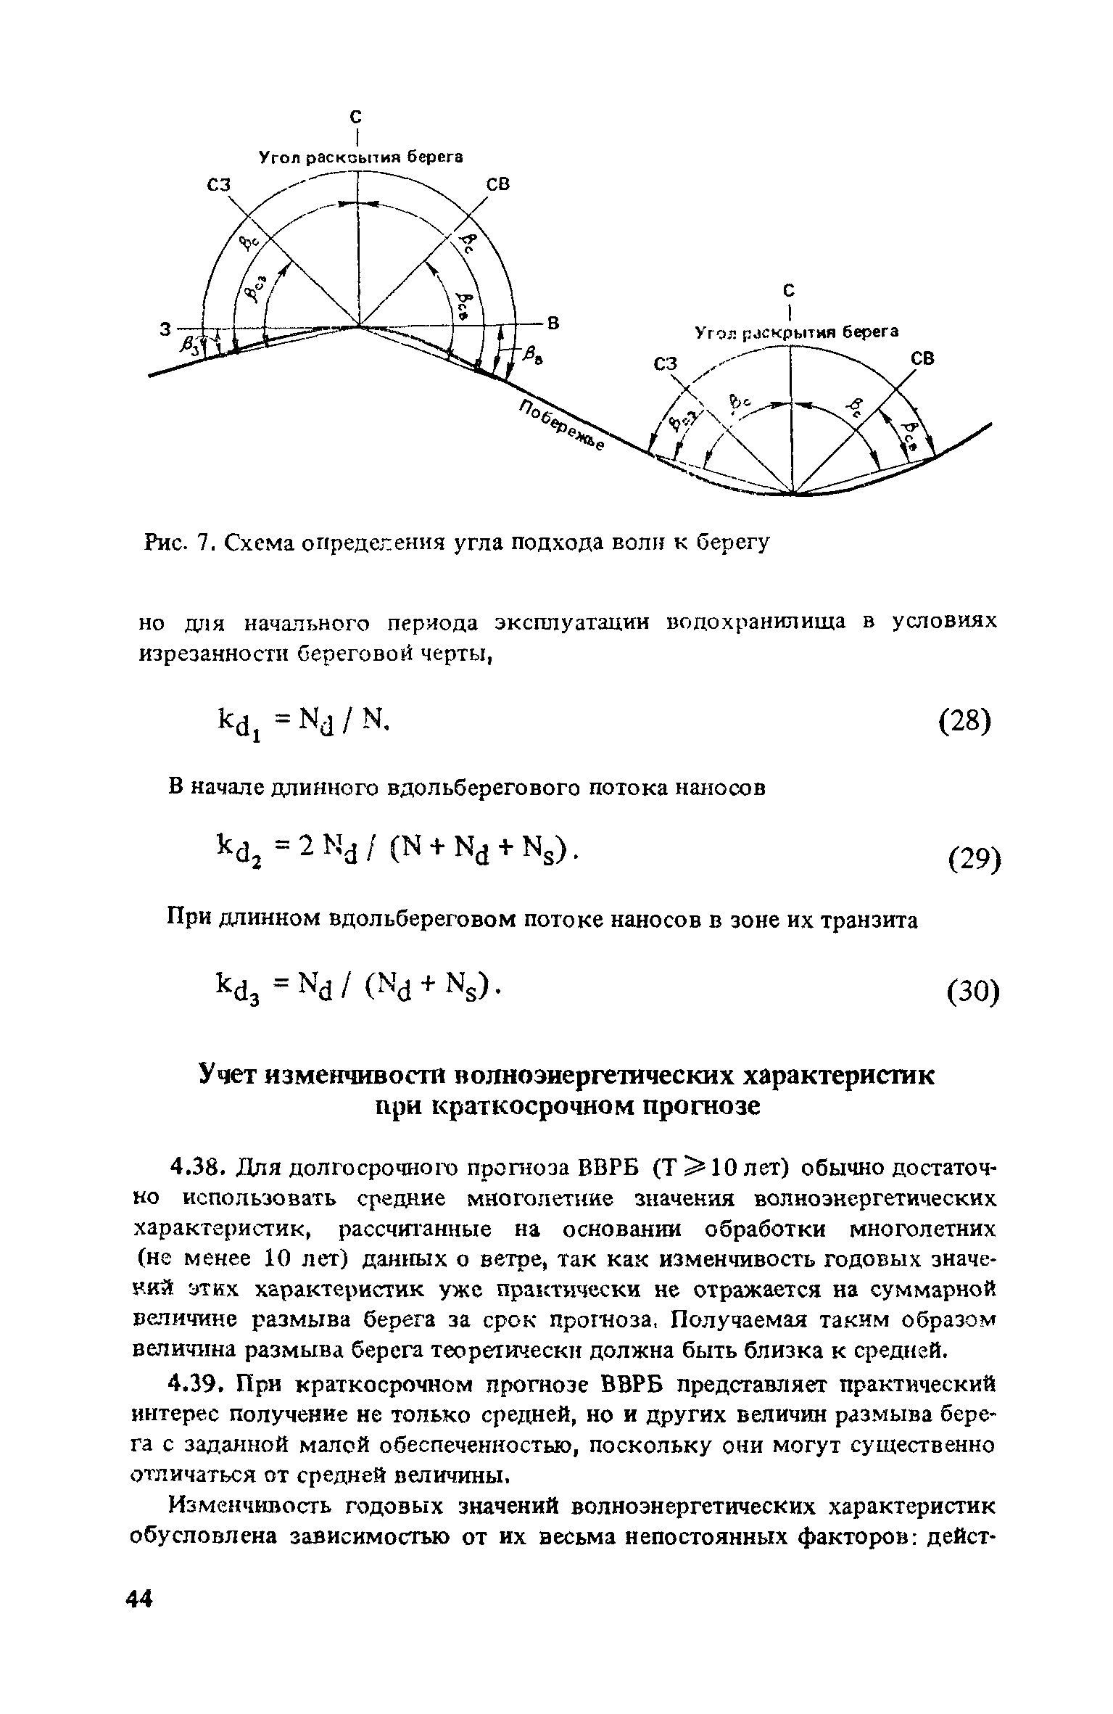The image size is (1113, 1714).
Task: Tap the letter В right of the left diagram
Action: pos(553,324)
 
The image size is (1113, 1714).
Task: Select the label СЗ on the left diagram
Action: pos(218,186)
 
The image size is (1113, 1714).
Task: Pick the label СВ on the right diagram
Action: pos(922,359)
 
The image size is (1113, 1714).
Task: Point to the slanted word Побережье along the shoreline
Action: pos(561,427)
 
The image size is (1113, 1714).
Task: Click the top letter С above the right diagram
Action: pos(790,290)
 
